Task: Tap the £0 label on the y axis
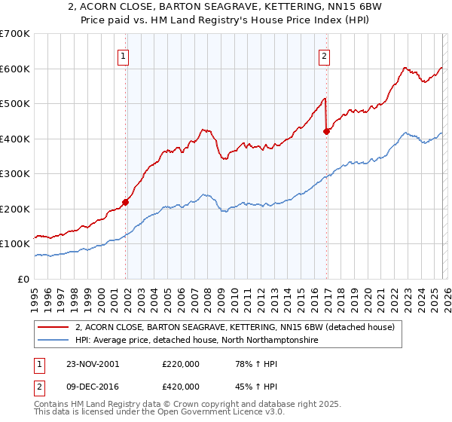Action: [23, 279]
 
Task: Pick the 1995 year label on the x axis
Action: [35, 294]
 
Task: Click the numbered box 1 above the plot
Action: [123, 54]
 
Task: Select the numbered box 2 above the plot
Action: [324, 54]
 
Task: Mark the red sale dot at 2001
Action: [126, 202]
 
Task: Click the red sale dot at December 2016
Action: [326, 131]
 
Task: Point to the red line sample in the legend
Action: [54, 328]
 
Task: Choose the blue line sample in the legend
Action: [54, 341]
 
